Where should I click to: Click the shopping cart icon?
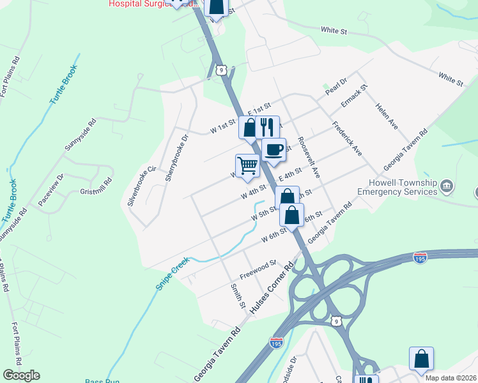click(x=247, y=166)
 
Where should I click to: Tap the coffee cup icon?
click(x=274, y=150)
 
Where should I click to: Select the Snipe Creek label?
click(x=173, y=273)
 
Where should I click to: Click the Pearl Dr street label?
click(x=335, y=86)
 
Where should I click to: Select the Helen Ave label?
click(x=387, y=117)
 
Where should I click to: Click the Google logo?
click(x=21, y=375)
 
